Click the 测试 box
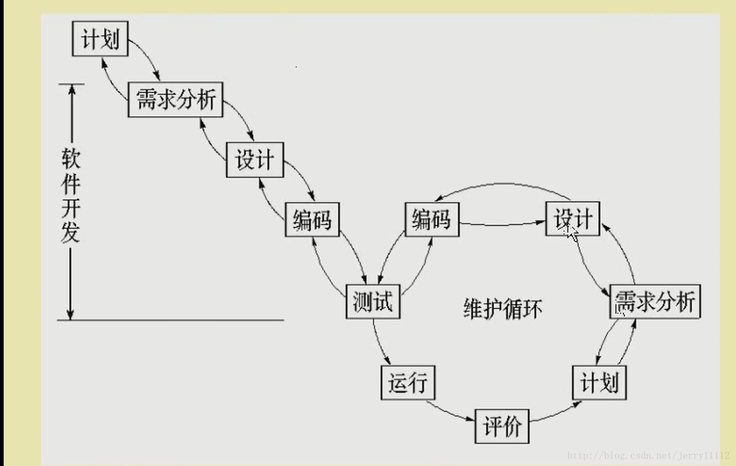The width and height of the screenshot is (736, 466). [373, 301]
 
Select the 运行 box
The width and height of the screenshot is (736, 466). [408, 382]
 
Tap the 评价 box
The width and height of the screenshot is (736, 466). [502, 426]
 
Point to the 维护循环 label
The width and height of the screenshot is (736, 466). [502, 309]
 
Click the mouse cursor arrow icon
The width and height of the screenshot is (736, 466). [572, 232]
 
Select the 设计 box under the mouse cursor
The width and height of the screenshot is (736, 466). [573, 219]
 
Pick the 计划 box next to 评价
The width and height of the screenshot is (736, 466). [599, 382]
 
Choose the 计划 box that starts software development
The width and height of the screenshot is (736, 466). [100, 39]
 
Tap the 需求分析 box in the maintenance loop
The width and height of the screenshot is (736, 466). [655, 301]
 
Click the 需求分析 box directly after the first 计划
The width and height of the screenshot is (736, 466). [175, 99]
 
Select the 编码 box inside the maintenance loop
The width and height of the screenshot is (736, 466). [432, 219]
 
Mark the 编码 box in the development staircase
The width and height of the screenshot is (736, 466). [312, 219]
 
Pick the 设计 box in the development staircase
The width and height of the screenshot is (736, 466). [255, 160]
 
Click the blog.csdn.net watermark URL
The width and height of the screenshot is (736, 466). [648, 456]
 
